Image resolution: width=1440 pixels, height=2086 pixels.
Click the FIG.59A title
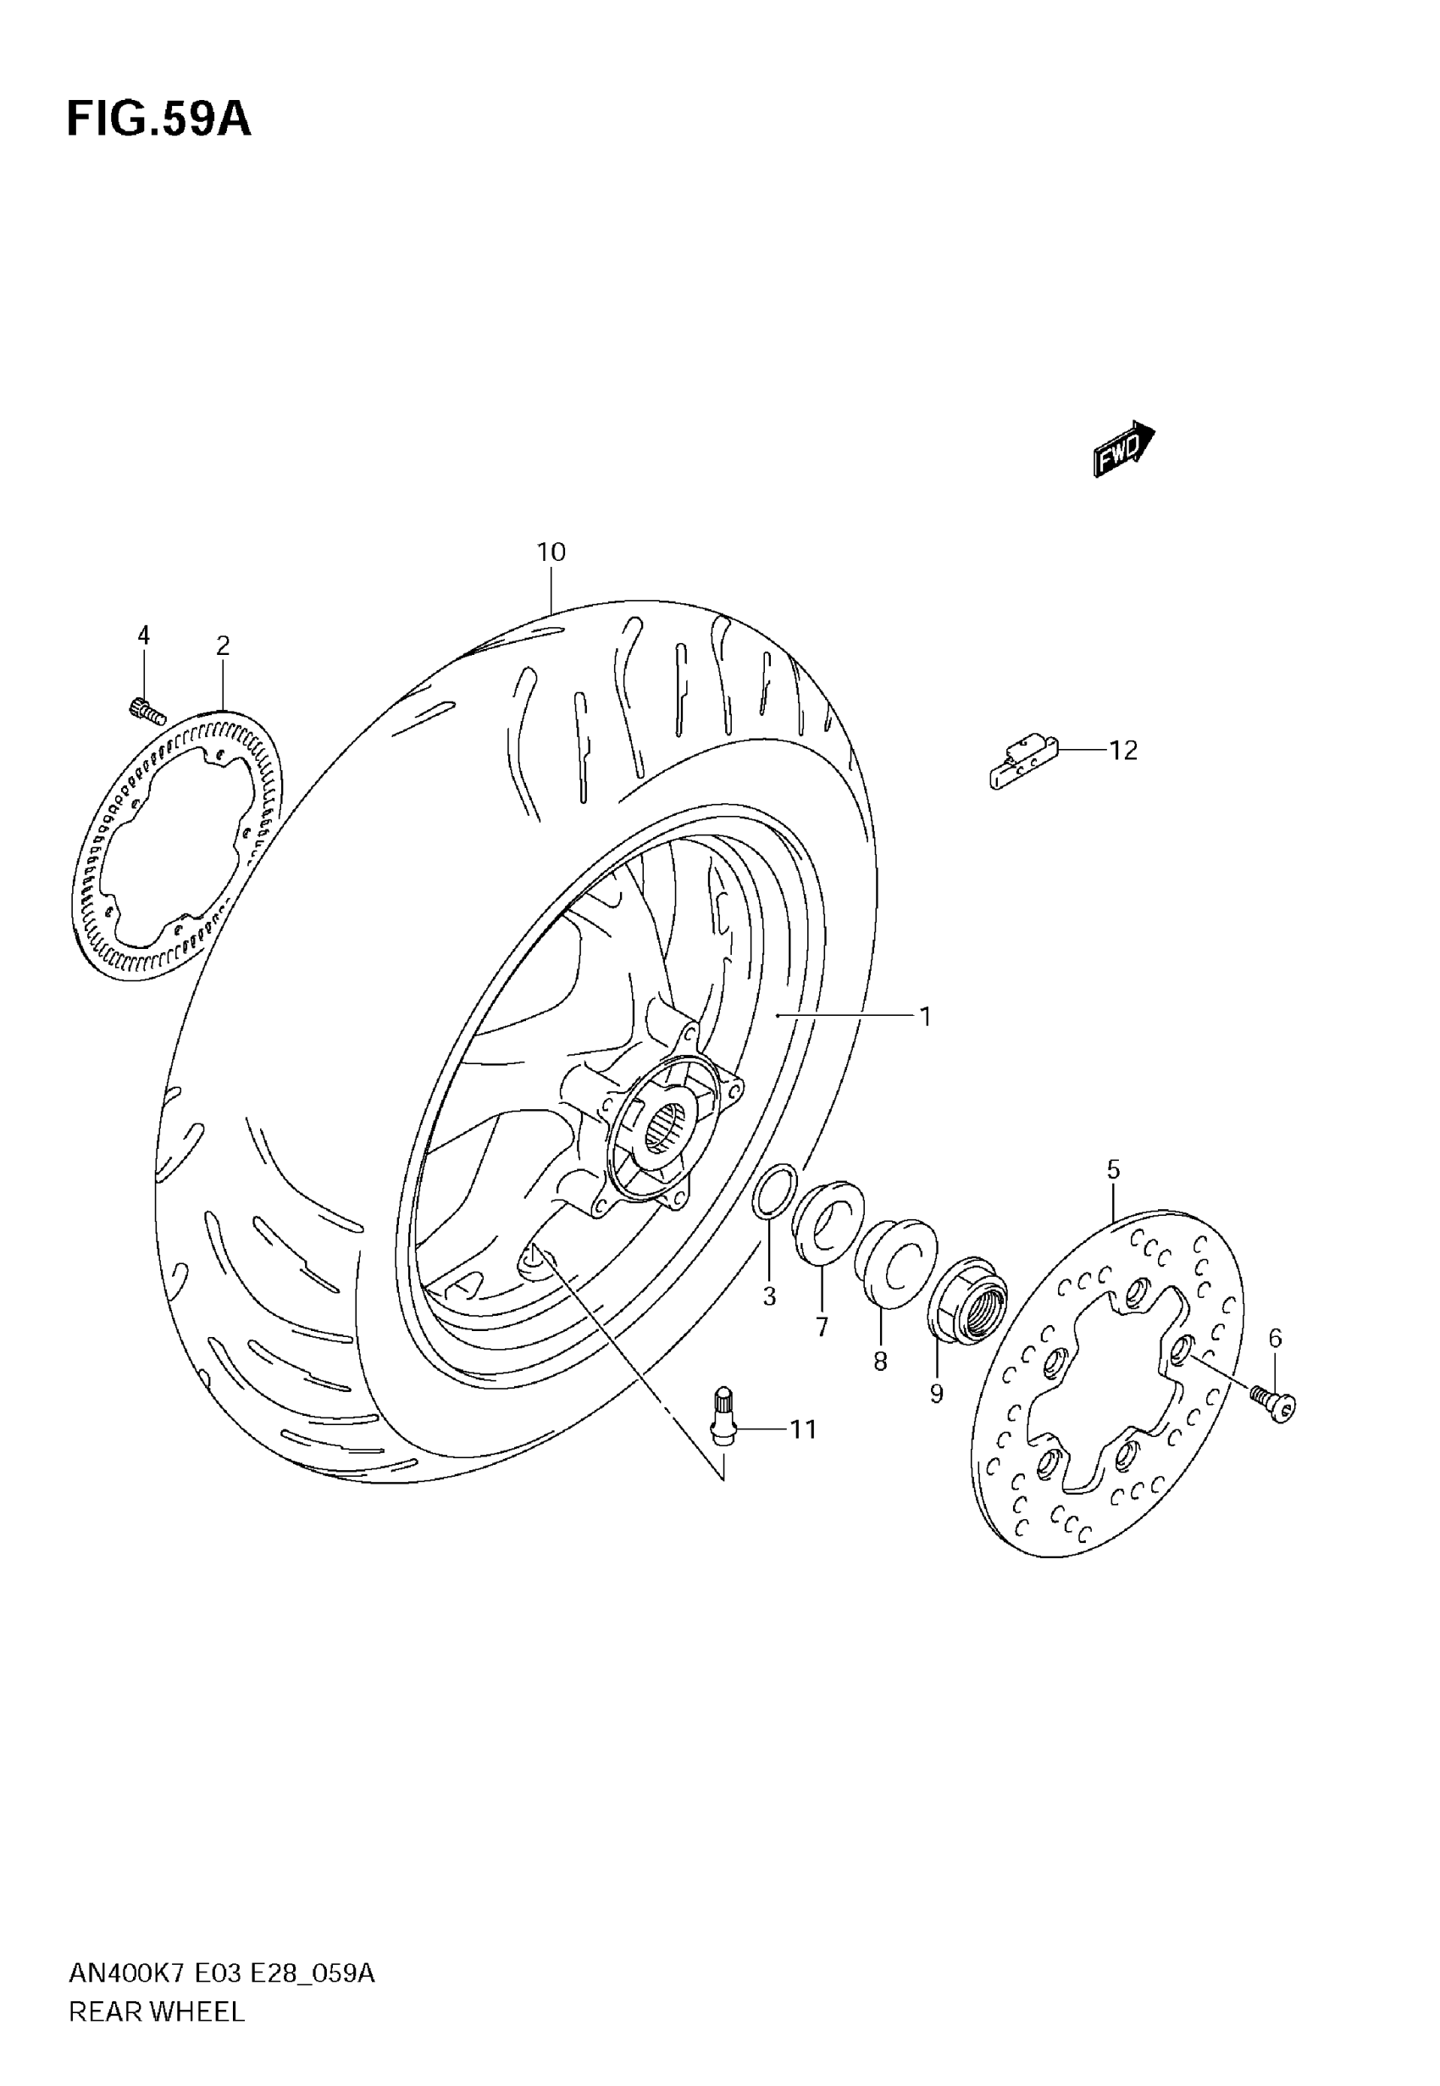point(158,119)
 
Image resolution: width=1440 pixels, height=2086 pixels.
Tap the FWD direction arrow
point(1123,448)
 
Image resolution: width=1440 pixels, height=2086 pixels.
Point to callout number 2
point(223,646)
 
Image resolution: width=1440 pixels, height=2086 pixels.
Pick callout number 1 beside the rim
point(925,1017)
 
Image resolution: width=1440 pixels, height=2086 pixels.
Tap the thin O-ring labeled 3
point(775,1191)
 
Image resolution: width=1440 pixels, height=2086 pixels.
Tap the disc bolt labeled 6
point(1273,1403)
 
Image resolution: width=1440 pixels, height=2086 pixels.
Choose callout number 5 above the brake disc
point(1113,1170)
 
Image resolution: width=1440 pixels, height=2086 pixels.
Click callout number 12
point(1122,750)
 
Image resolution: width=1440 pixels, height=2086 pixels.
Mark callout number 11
point(803,1429)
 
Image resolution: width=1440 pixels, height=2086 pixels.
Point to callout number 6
point(1275,1338)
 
